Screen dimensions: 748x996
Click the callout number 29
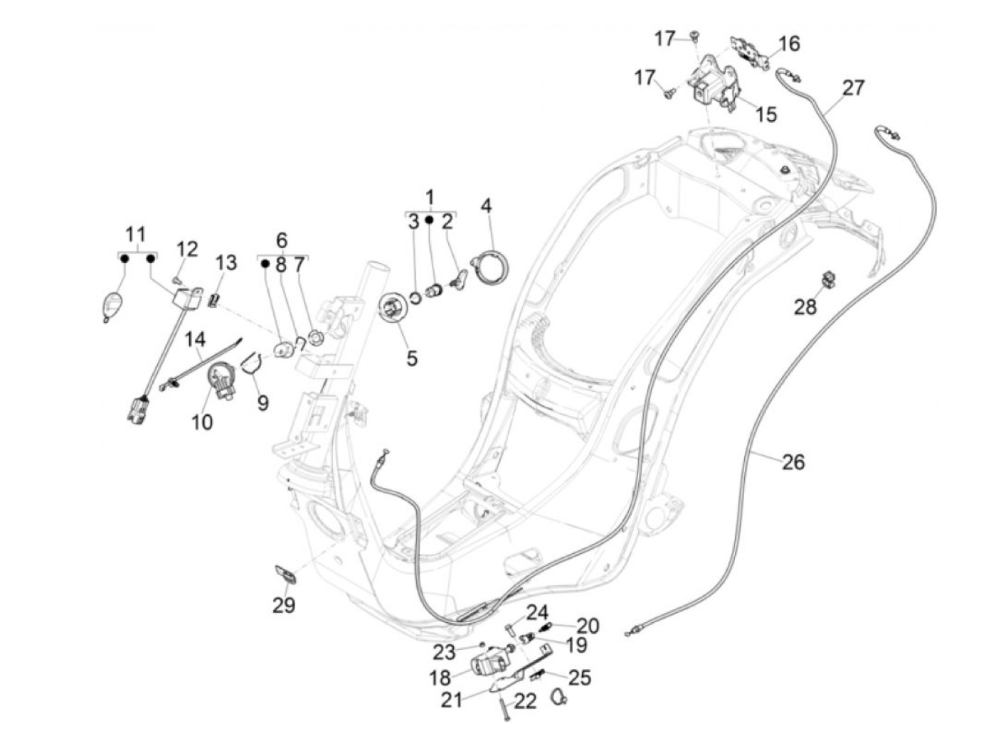pos(284,605)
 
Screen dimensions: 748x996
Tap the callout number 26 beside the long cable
pos(793,462)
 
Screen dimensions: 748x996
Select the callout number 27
pos(853,87)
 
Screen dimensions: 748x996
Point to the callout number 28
pos(806,306)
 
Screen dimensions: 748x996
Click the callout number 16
pos(788,43)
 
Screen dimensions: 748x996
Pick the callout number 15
pos(765,114)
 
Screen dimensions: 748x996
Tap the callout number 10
pos(202,422)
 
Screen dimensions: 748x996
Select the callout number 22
pos(525,701)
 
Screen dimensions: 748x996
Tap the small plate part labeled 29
pos(285,572)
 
